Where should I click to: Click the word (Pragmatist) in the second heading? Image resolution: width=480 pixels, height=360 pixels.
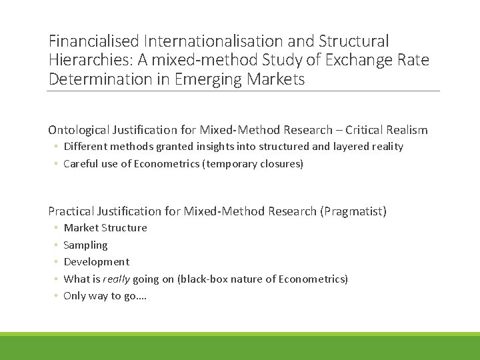pyautogui.click(x=353, y=211)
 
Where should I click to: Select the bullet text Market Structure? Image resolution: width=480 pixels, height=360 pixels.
pyautogui.click(x=105, y=228)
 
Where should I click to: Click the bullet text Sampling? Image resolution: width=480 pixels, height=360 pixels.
pyautogui.click(x=85, y=245)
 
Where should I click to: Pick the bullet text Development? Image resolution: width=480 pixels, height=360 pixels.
pyautogui.click(x=96, y=262)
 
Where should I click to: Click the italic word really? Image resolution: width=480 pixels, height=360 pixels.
pyautogui.click(x=116, y=279)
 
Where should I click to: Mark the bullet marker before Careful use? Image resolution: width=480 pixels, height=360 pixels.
pyautogui.click(x=57, y=164)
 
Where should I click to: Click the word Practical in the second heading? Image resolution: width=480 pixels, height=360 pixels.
pyautogui.click(x=71, y=211)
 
